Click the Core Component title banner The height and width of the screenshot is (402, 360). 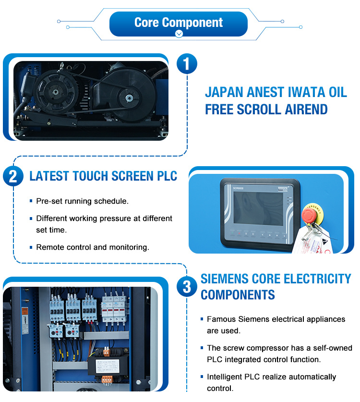179,22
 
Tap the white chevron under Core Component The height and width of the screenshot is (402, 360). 179,34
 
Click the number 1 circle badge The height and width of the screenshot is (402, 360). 187,63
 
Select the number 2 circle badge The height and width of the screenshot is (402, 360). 13,176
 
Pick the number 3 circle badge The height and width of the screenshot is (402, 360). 187,287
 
